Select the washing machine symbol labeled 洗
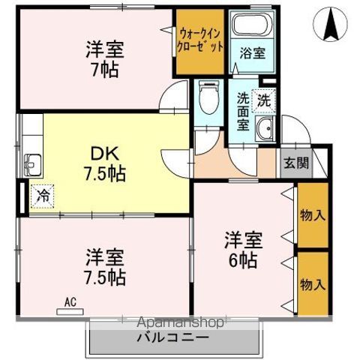(x=264, y=97)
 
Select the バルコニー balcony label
(x=172, y=338)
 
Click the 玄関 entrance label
(x=295, y=162)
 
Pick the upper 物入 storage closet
(x=313, y=216)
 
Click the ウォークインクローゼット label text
(x=200, y=40)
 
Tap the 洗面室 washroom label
(x=243, y=111)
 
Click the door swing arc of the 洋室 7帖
(x=175, y=100)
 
